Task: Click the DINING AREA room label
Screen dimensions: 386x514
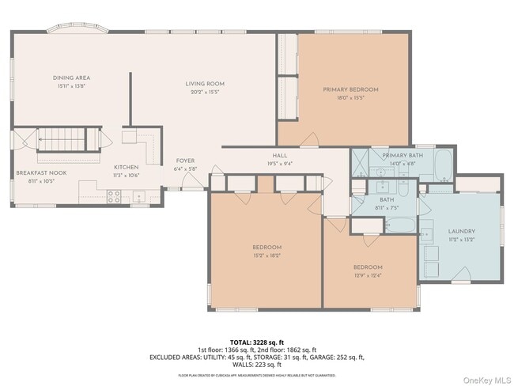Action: (x=71, y=78)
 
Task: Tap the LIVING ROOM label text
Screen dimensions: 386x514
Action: (x=205, y=83)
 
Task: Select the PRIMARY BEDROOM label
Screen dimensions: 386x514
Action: (x=350, y=89)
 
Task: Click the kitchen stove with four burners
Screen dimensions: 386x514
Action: (x=113, y=196)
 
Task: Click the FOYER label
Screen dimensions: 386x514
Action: (x=185, y=161)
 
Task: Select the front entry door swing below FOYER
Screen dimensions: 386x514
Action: (x=191, y=179)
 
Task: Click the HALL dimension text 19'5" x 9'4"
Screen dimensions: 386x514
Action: (x=281, y=164)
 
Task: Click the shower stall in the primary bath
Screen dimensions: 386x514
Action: (x=359, y=162)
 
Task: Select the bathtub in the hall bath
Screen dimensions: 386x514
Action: (x=392, y=225)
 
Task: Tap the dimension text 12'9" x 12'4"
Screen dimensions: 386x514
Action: (x=368, y=275)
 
